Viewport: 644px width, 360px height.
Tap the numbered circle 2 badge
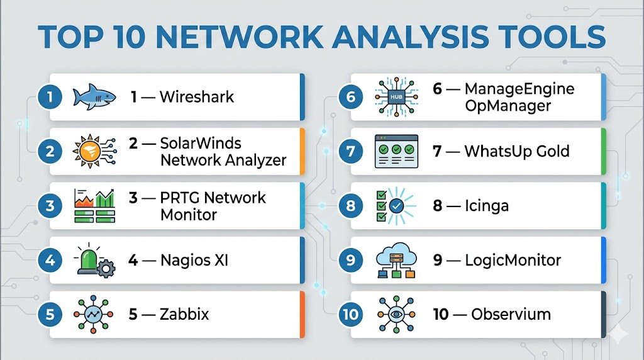click(x=50, y=151)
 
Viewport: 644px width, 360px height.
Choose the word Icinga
click(x=487, y=206)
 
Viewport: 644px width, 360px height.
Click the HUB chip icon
click(x=396, y=97)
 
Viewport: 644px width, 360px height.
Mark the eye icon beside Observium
click(x=396, y=313)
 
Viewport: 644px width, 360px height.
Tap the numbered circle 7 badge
click(x=351, y=151)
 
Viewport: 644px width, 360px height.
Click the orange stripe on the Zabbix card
click(x=303, y=313)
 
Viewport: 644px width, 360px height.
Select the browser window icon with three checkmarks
click(x=396, y=151)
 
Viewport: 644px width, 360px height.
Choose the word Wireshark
click(x=196, y=97)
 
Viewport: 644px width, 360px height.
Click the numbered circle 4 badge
click(x=50, y=259)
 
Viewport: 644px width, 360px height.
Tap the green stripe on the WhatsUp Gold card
click(x=604, y=151)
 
